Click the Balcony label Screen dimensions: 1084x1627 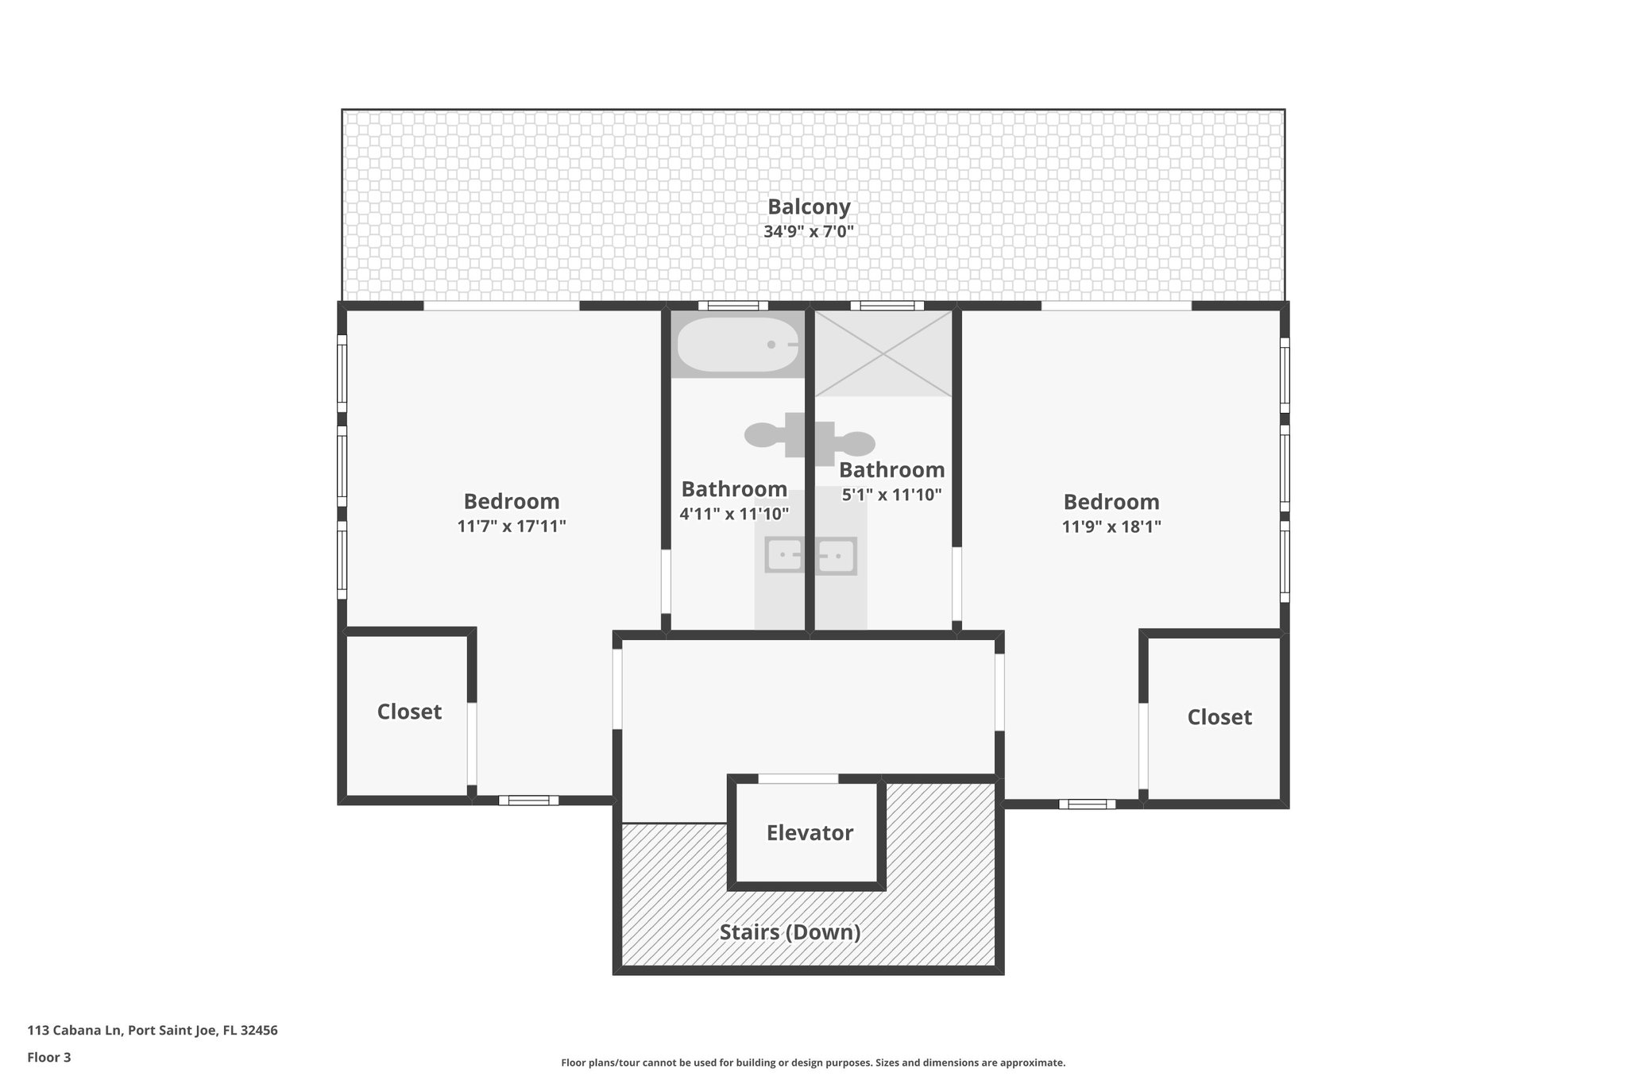click(808, 207)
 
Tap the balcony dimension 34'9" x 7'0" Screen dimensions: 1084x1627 click(808, 233)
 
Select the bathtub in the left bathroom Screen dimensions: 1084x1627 click(736, 345)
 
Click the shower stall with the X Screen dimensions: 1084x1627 click(883, 353)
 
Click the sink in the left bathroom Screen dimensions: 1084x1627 click(784, 554)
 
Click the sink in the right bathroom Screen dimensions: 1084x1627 click(835, 555)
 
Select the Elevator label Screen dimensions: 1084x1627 click(809, 833)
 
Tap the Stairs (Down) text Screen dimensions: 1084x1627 click(790, 932)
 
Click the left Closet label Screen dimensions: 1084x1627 click(409, 712)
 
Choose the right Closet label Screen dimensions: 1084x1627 click(1219, 717)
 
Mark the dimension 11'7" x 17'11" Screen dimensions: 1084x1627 click(511, 526)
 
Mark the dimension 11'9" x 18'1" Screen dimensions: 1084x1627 click(1111, 526)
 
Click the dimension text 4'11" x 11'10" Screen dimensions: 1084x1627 click(733, 514)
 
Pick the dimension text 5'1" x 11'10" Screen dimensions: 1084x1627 click(891, 495)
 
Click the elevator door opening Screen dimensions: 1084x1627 click(798, 779)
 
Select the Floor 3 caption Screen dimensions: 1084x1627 click(49, 1057)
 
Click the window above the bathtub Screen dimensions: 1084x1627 click(732, 306)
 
